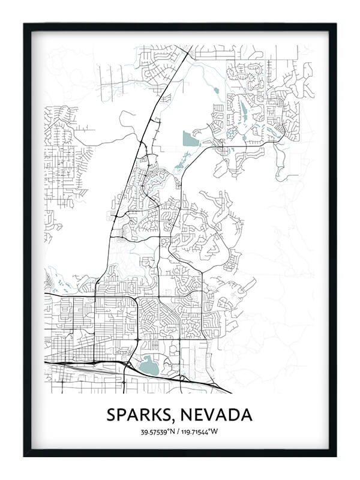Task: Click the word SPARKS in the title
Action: tap(136, 415)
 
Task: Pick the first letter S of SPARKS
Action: tap(112, 415)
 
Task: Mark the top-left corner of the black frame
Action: tap(25, 25)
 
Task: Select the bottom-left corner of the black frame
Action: tap(25, 455)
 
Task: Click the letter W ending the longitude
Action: tap(217, 431)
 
